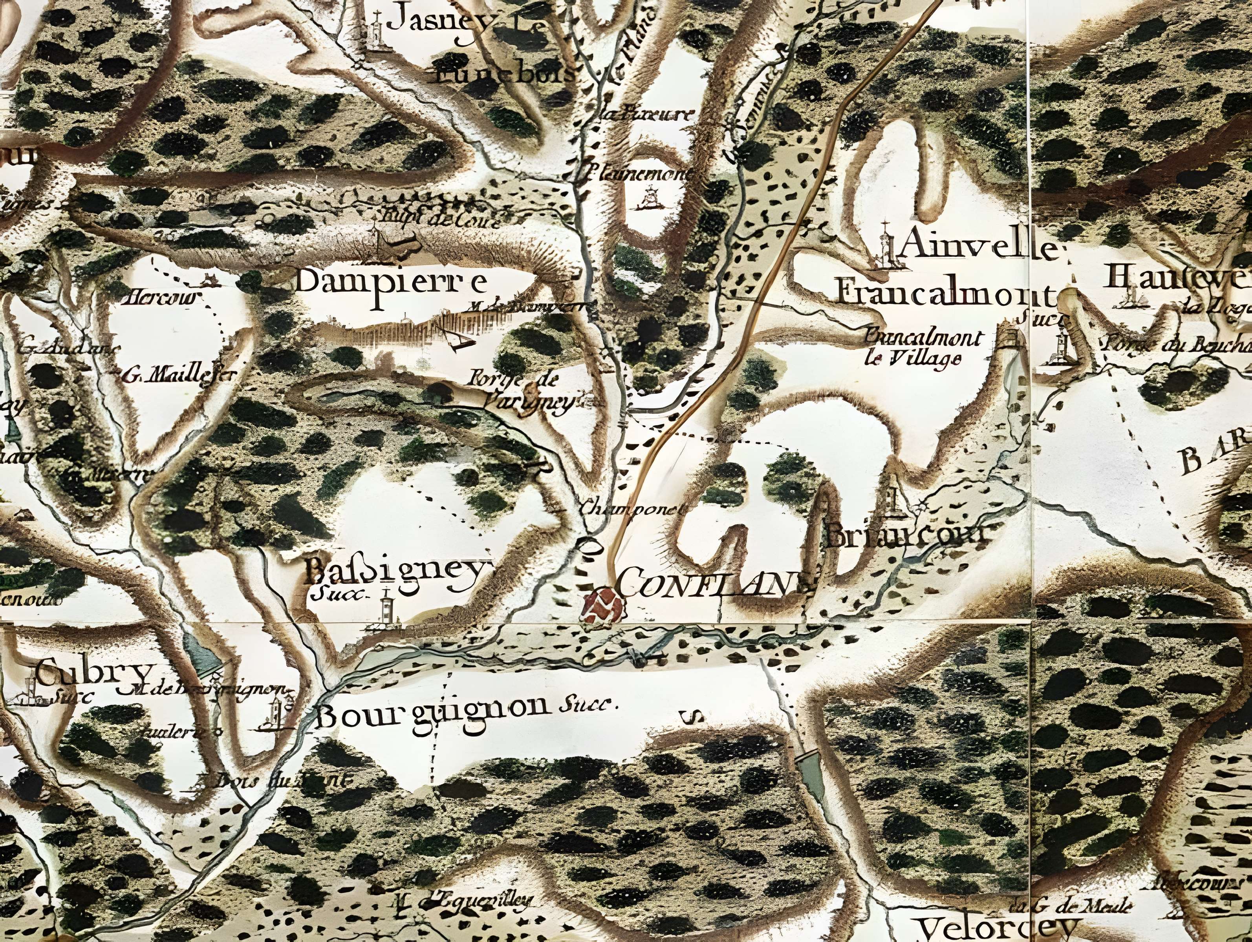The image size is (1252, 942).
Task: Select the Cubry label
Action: pos(93,674)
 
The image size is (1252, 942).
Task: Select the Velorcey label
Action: pos(996,928)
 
